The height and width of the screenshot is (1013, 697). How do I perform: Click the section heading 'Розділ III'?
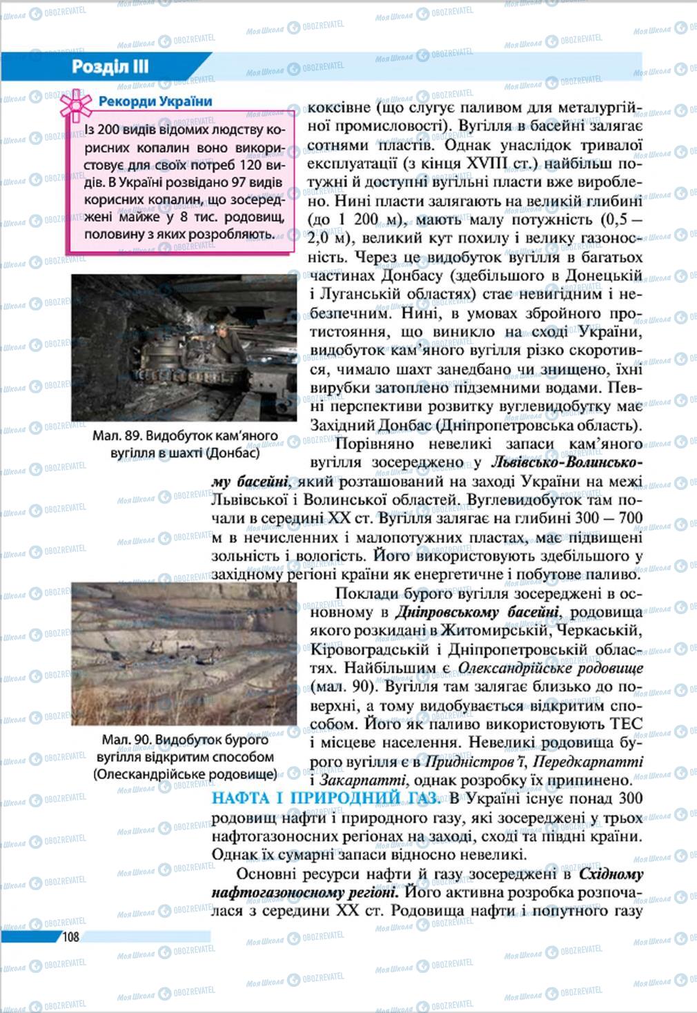click(x=110, y=68)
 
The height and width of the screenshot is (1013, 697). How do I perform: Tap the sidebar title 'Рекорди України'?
click(x=155, y=101)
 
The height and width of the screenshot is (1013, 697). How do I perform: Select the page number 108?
click(x=71, y=936)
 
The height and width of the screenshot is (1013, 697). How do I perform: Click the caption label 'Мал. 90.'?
click(x=126, y=740)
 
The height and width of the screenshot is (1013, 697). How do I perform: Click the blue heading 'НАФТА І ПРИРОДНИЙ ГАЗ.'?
click(x=324, y=798)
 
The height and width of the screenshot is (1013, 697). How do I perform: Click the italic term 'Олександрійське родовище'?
click(x=550, y=668)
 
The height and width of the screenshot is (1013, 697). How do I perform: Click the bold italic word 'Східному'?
click(x=611, y=874)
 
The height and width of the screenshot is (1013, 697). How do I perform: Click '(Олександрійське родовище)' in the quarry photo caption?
click(x=185, y=774)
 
